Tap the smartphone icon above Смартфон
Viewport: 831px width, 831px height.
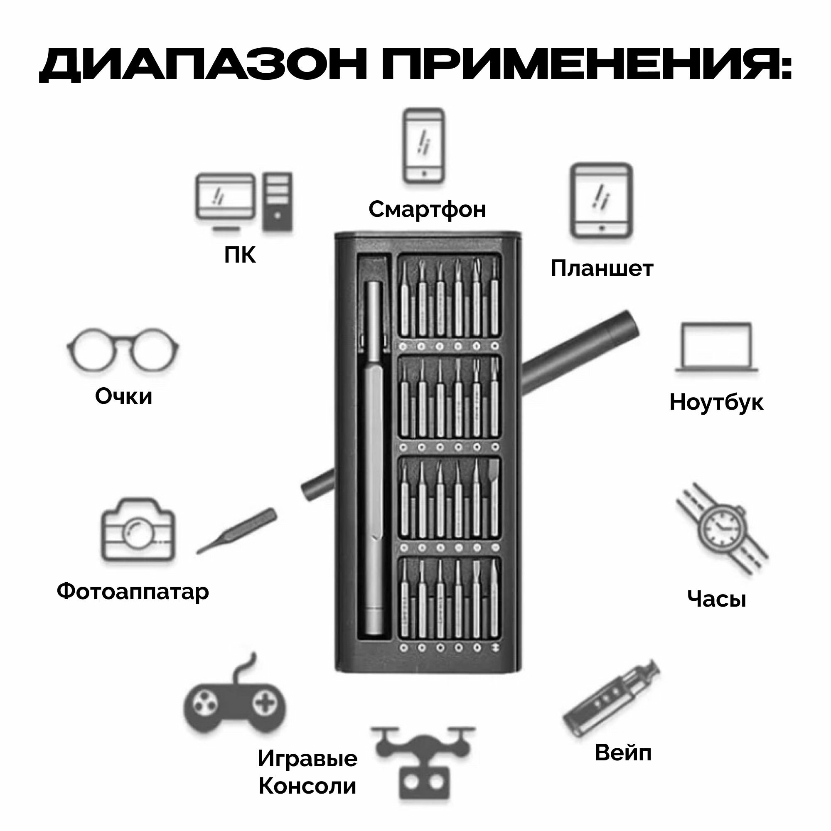(424, 146)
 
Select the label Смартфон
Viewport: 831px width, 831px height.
(427, 209)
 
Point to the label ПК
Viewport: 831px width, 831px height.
(240, 255)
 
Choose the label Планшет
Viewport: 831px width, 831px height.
(602, 268)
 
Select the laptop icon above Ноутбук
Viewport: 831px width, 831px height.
(717, 347)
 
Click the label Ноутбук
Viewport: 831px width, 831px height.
(717, 402)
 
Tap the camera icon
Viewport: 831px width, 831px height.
(138, 530)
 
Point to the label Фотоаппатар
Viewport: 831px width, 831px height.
(133, 591)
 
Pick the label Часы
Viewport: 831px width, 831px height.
(717, 598)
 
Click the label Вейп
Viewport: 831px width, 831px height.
(623, 753)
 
